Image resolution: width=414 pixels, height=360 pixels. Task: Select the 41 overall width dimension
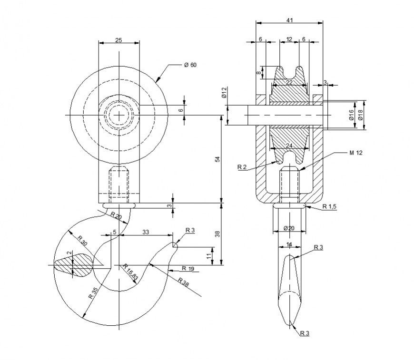point(289,20)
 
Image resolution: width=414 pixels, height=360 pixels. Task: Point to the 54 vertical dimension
point(217,159)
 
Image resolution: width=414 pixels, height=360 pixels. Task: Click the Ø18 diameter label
point(360,115)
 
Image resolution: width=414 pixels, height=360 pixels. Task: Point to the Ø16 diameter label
point(351,115)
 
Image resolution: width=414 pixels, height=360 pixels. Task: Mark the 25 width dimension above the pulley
point(118,40)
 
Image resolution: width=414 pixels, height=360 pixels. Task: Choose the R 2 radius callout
point(242,167)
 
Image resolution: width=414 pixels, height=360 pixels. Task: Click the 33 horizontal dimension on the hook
point(146,232)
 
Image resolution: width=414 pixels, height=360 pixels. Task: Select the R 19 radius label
point(188,269)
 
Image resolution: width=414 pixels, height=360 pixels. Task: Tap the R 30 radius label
point(82,241)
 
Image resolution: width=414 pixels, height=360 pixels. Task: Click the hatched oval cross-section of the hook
point(74,265)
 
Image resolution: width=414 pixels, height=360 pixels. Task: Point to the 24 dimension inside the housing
point(289,146)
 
